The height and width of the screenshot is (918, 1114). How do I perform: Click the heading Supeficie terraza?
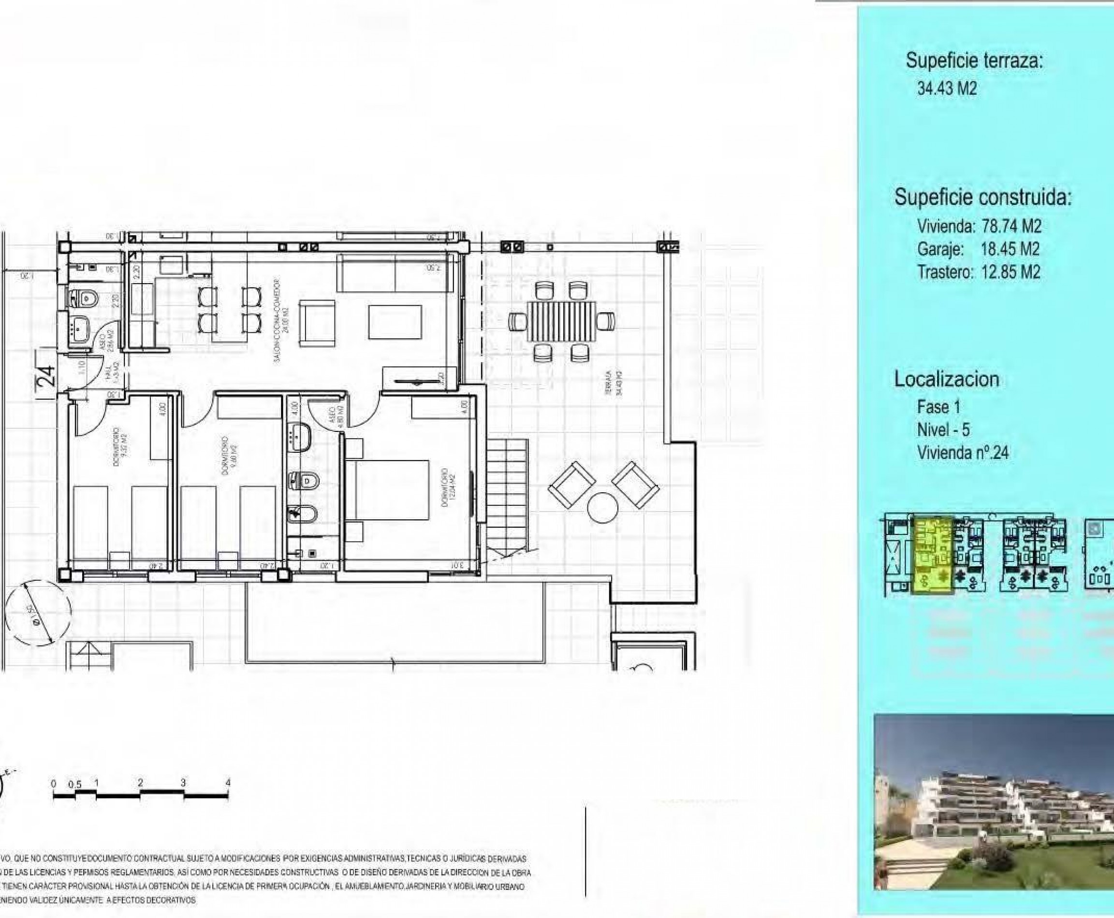[974, 61]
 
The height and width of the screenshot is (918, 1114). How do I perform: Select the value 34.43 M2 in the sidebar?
[947, 88]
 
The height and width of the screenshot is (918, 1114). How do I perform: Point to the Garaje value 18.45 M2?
[1010, 249]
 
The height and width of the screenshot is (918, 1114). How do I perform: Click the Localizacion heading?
[946, 379]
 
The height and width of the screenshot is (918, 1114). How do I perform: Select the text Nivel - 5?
[943, 430]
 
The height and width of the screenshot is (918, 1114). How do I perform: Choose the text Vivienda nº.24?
[963, 453]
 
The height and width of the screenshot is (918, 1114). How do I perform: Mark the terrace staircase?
[507, 497]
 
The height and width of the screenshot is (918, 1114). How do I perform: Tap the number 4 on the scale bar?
[228, 782]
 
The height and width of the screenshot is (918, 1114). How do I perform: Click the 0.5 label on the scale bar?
[74, 784]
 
